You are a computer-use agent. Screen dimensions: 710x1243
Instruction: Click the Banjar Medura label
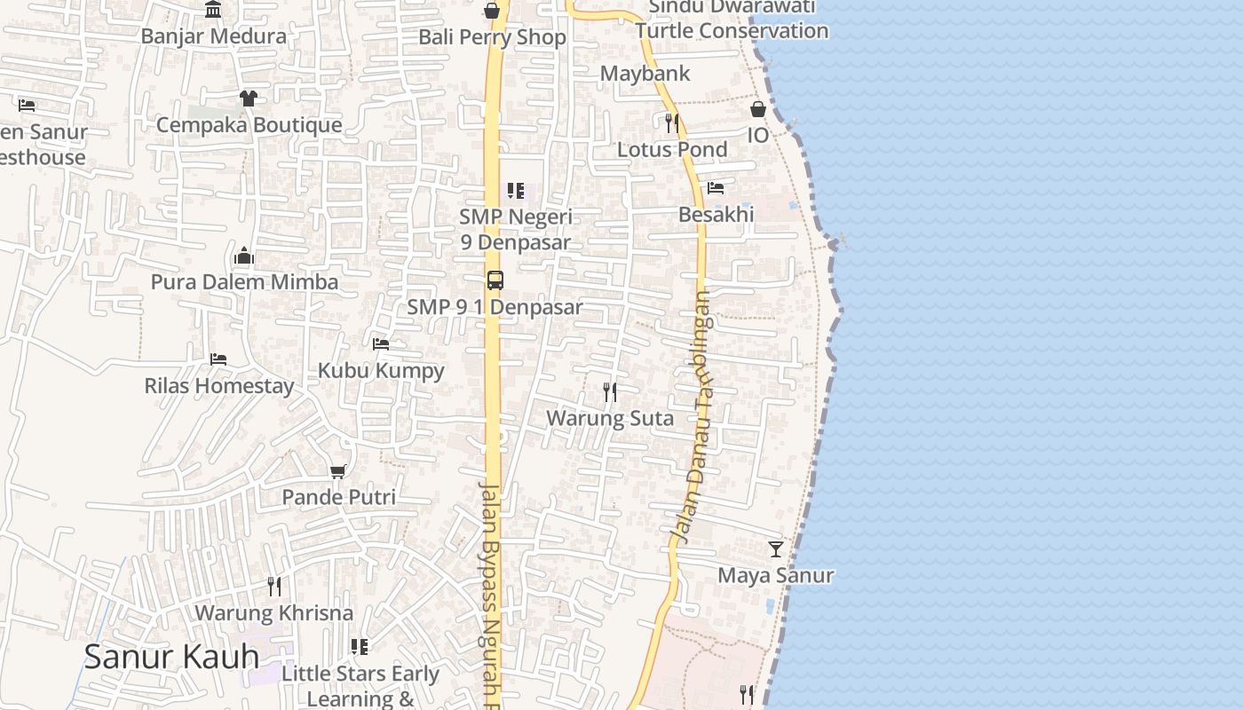point(214,36)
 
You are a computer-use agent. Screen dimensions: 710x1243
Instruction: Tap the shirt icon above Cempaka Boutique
point(248,98)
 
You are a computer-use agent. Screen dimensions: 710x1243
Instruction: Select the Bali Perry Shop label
point(492,37)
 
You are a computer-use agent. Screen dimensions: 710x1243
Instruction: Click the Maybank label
point(645,74)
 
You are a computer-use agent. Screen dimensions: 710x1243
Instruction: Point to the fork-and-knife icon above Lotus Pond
point(672,122)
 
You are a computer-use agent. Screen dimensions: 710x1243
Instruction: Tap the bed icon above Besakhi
point(716,187)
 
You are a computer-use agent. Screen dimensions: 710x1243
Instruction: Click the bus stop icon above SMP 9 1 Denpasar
point(495,280)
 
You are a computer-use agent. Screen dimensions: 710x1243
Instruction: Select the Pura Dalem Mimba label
point(244,282)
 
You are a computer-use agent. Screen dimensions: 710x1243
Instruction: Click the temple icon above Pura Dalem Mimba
point(244,257)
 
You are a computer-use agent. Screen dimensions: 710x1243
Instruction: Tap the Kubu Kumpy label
point(381,370)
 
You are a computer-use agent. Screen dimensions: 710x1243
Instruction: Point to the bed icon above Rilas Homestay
point(218,359)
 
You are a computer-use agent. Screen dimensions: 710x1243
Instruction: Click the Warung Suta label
point(610,418)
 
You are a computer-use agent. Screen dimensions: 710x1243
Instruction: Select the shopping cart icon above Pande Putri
point(337,471)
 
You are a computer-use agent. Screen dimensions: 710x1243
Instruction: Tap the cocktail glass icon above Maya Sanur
point(776,549)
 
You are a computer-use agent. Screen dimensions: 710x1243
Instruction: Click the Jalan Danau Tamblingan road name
point(694,417)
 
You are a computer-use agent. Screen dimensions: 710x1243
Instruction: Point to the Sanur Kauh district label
point(171,657)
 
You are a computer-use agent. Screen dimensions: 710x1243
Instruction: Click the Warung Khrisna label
point(273,613)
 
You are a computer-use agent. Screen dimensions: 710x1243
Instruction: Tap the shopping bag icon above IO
point(758,109)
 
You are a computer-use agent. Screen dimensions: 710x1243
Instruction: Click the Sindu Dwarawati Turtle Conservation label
point(732,19)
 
